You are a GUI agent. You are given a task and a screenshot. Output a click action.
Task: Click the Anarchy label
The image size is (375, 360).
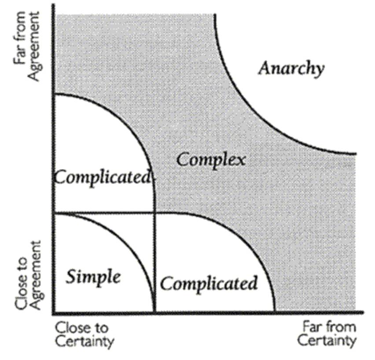coord(291,69)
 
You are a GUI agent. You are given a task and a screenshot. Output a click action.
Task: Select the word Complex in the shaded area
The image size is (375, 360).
coord(210,159)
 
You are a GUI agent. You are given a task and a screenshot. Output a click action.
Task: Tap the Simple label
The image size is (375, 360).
coord(93,277)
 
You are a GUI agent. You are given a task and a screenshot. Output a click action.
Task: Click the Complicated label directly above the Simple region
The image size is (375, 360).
coord(102,177)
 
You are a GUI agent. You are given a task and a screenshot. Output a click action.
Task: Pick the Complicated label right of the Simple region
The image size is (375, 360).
coord(209,283)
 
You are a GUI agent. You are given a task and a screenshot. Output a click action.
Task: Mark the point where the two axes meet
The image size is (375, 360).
coord(53,313)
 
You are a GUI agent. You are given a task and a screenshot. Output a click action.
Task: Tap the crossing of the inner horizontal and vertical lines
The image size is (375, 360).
coord(154,213)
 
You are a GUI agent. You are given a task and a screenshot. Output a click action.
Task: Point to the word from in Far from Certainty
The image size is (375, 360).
coord(339,327)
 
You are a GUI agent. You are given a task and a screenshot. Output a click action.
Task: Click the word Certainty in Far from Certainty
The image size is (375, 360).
coord(326,341)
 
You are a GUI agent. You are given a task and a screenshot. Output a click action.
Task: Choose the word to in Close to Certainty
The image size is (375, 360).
coord(102,328)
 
